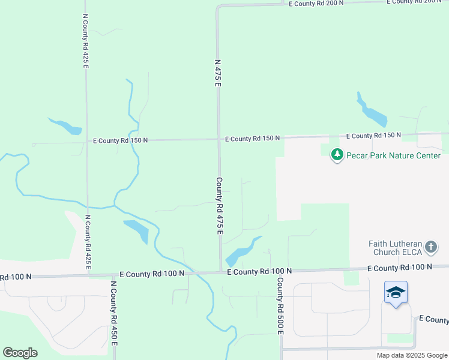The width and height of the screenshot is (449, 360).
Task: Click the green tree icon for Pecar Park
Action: click(x=337, y=155)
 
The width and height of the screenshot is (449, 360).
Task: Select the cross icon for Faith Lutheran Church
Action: click(x=430, y=246)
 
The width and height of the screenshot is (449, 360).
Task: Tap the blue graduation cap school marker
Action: click(x=396, y=293)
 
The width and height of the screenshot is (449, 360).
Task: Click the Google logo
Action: click(x=20, y=353)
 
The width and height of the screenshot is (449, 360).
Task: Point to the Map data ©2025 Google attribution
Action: click(x=412, y=355)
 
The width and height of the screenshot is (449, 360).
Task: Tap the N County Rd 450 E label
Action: click(x=113, y=313)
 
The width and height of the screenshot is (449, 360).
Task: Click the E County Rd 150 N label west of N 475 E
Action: click(x=120, y=140)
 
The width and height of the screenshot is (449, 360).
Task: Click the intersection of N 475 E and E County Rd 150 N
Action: click(x=218, y=139)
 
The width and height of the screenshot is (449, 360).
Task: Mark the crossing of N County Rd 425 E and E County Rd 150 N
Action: click(x=87, y=142)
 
